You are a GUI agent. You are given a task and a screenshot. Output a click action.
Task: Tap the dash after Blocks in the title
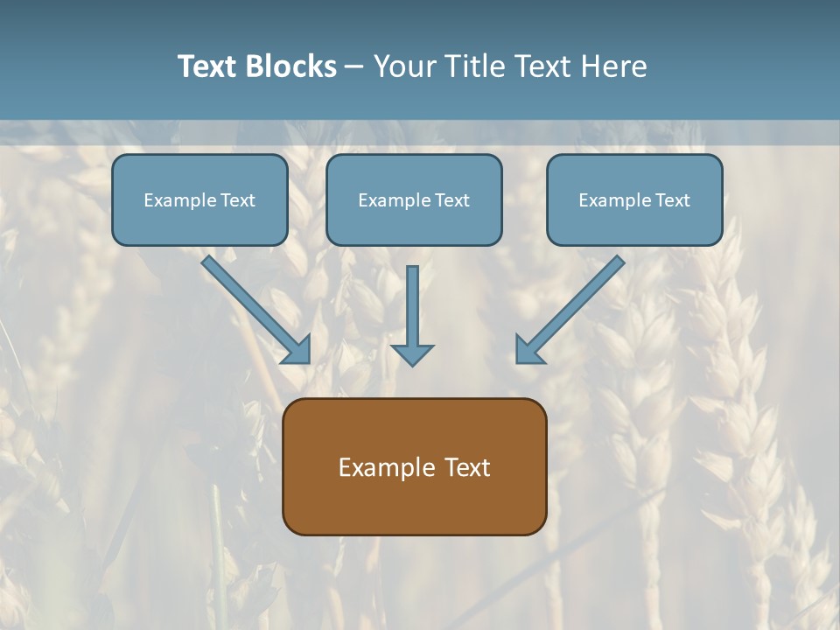354,67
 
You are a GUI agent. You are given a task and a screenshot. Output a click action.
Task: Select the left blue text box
199,199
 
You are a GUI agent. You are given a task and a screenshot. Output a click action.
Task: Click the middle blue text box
414,199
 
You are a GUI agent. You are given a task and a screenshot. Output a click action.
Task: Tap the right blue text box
634,199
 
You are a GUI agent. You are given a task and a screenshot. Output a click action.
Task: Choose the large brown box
414,466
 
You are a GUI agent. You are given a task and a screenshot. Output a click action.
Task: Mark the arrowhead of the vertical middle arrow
412,354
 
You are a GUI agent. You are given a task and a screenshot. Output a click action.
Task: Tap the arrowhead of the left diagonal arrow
297,350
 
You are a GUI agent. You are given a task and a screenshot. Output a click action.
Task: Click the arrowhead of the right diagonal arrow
528,350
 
